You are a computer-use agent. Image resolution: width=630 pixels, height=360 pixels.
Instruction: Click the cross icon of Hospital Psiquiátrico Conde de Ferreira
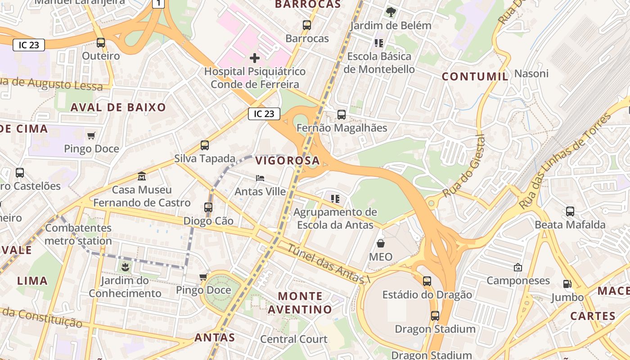point(255,58)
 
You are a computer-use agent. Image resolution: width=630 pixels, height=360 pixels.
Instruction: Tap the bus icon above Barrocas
point(307,25)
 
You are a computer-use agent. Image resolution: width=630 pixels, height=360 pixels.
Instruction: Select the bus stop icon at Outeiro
point(101,43)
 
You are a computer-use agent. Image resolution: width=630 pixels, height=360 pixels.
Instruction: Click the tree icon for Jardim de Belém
point(391,12)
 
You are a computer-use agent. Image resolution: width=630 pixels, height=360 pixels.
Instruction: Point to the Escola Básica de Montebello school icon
point(378,43)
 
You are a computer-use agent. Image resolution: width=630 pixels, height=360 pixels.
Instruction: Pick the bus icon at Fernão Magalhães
point(342,115)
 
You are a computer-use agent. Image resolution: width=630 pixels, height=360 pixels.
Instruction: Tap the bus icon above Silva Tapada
point(205,145)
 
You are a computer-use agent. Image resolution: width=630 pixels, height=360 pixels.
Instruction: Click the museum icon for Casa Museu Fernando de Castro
point(142,176)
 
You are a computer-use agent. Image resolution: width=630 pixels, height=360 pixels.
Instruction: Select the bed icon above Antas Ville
point(260,178)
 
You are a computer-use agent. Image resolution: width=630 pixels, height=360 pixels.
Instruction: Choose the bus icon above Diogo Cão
point(208,207)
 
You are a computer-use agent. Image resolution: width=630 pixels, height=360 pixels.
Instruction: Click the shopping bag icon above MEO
point(381,243)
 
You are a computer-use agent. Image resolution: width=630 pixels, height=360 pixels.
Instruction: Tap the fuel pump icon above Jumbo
point(567,284)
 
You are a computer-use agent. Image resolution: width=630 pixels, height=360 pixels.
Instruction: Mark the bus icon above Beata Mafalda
point(570,211)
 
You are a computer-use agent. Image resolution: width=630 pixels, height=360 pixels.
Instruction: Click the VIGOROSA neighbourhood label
point(287,161)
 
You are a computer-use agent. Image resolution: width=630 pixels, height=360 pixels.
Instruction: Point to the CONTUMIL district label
point(475,76)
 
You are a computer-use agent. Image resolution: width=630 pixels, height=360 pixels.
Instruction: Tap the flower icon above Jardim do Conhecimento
point(125,268)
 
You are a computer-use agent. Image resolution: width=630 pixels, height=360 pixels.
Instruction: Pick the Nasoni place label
point(531,73)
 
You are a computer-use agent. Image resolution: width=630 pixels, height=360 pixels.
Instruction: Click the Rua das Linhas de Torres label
point(566,161)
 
